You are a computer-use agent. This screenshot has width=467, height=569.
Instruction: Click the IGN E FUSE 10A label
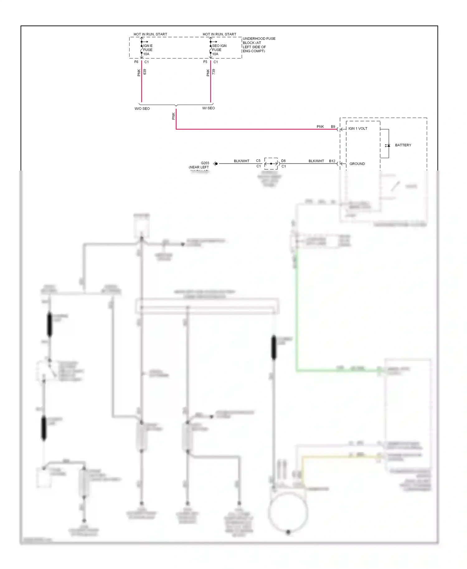click(148, 50)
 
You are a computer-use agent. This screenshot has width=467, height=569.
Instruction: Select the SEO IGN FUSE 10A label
click(219, 50)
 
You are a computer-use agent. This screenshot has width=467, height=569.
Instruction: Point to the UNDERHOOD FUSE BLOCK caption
click(259, 45)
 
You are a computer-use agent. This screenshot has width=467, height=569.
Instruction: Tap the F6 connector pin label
click(136, 62)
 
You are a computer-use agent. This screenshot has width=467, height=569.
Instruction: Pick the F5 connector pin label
click(205, 62)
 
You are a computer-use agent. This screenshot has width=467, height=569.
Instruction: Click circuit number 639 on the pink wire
click(145, 72)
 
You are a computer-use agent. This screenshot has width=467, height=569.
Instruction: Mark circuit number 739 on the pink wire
click(214, 72)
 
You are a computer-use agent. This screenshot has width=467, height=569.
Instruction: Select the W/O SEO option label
click(142, 109)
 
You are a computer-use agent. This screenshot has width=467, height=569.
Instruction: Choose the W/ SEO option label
click(208, 108)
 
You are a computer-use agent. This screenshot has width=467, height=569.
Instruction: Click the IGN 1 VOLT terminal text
click(358, 129)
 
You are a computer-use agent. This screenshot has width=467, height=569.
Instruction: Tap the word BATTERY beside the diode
click(403, 145)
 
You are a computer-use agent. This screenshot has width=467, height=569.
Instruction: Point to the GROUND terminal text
click(357, 164)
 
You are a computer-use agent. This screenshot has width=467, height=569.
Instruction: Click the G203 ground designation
click(205, 163)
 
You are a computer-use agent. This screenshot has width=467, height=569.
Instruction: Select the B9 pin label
click(333, 127)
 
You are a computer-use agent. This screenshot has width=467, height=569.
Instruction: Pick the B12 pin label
click(332, 161)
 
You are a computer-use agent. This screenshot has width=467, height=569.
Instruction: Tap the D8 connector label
click(283, 161)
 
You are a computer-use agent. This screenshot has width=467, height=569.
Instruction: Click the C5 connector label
click(258, 161)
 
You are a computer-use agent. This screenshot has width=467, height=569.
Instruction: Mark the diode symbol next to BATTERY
click(388, 145)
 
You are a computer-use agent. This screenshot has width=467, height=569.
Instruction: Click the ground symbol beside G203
click(215, 164)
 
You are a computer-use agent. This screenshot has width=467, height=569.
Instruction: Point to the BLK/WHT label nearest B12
click(316, 161)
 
